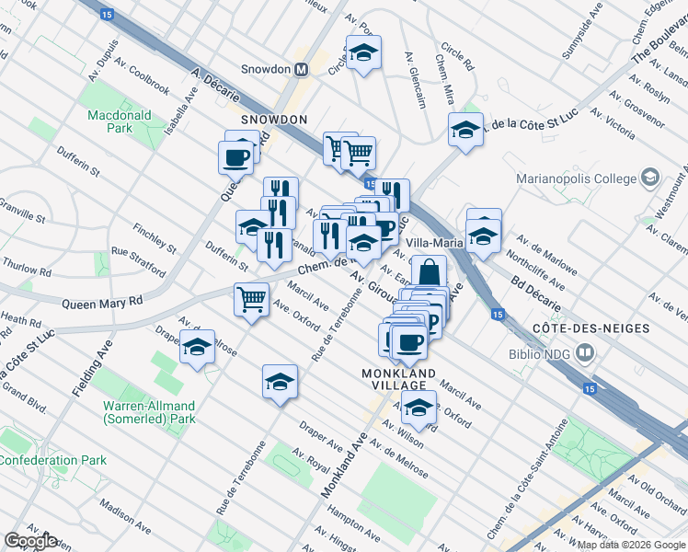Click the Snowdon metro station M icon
301,69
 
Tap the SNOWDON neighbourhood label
273,120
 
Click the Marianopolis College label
589,178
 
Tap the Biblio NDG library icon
583,352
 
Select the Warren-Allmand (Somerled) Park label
149,412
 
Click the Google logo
30,541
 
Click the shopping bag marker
429,272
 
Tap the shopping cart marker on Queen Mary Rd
252,300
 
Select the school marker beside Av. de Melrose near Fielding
197,347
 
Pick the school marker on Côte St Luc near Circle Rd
465,130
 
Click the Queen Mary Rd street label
103,302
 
